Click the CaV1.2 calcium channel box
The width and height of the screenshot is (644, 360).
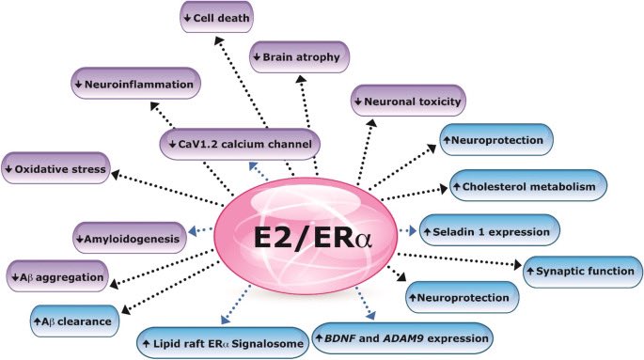pos(239,144)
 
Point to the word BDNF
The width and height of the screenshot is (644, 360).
pos(346,337)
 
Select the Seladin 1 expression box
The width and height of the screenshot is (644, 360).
pos(490,229)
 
